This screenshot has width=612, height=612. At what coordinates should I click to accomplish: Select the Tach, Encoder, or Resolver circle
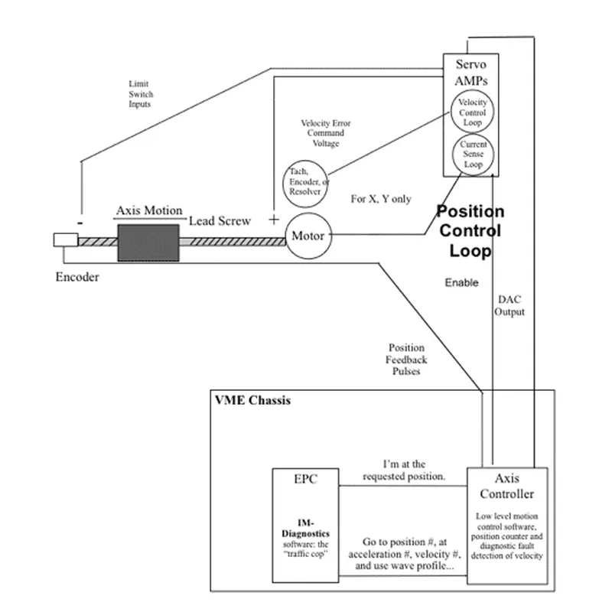[x=304, y=184]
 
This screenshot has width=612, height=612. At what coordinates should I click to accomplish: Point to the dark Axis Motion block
[x=148, y=242]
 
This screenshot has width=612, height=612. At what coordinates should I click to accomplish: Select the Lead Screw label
[x=220, y=220]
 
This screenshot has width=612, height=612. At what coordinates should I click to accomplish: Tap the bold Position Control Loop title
[x=469, y=230]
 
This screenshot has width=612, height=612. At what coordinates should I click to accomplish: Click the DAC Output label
[x=509, y=307]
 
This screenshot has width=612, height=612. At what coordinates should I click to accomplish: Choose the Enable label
[x=461, y=283]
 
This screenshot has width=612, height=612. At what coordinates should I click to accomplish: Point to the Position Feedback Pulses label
[x=406, y=360]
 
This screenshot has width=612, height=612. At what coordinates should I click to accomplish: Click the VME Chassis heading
[x=252, y=400]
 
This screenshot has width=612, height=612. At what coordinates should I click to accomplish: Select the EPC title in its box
[x=305, y=480]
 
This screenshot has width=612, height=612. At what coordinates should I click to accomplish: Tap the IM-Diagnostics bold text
[x=305, y=531]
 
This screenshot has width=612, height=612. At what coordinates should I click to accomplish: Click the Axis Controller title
[x=507, y=486]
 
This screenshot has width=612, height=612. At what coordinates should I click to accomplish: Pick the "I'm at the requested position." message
[x=403, y=470]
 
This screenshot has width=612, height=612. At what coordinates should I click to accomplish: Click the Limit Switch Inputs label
[x=140, y=94]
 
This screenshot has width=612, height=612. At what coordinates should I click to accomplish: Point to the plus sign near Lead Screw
[x=274, y=220]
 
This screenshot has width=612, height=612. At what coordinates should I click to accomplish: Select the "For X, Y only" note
[x=380, y=199]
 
